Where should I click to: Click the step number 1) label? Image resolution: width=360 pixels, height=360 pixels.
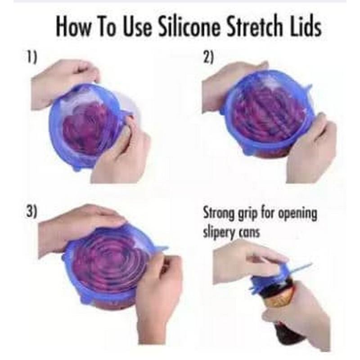[31, 58]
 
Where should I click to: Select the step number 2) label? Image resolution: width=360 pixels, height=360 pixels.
[208, 58]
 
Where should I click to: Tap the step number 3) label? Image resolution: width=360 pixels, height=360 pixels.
[31, 211]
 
